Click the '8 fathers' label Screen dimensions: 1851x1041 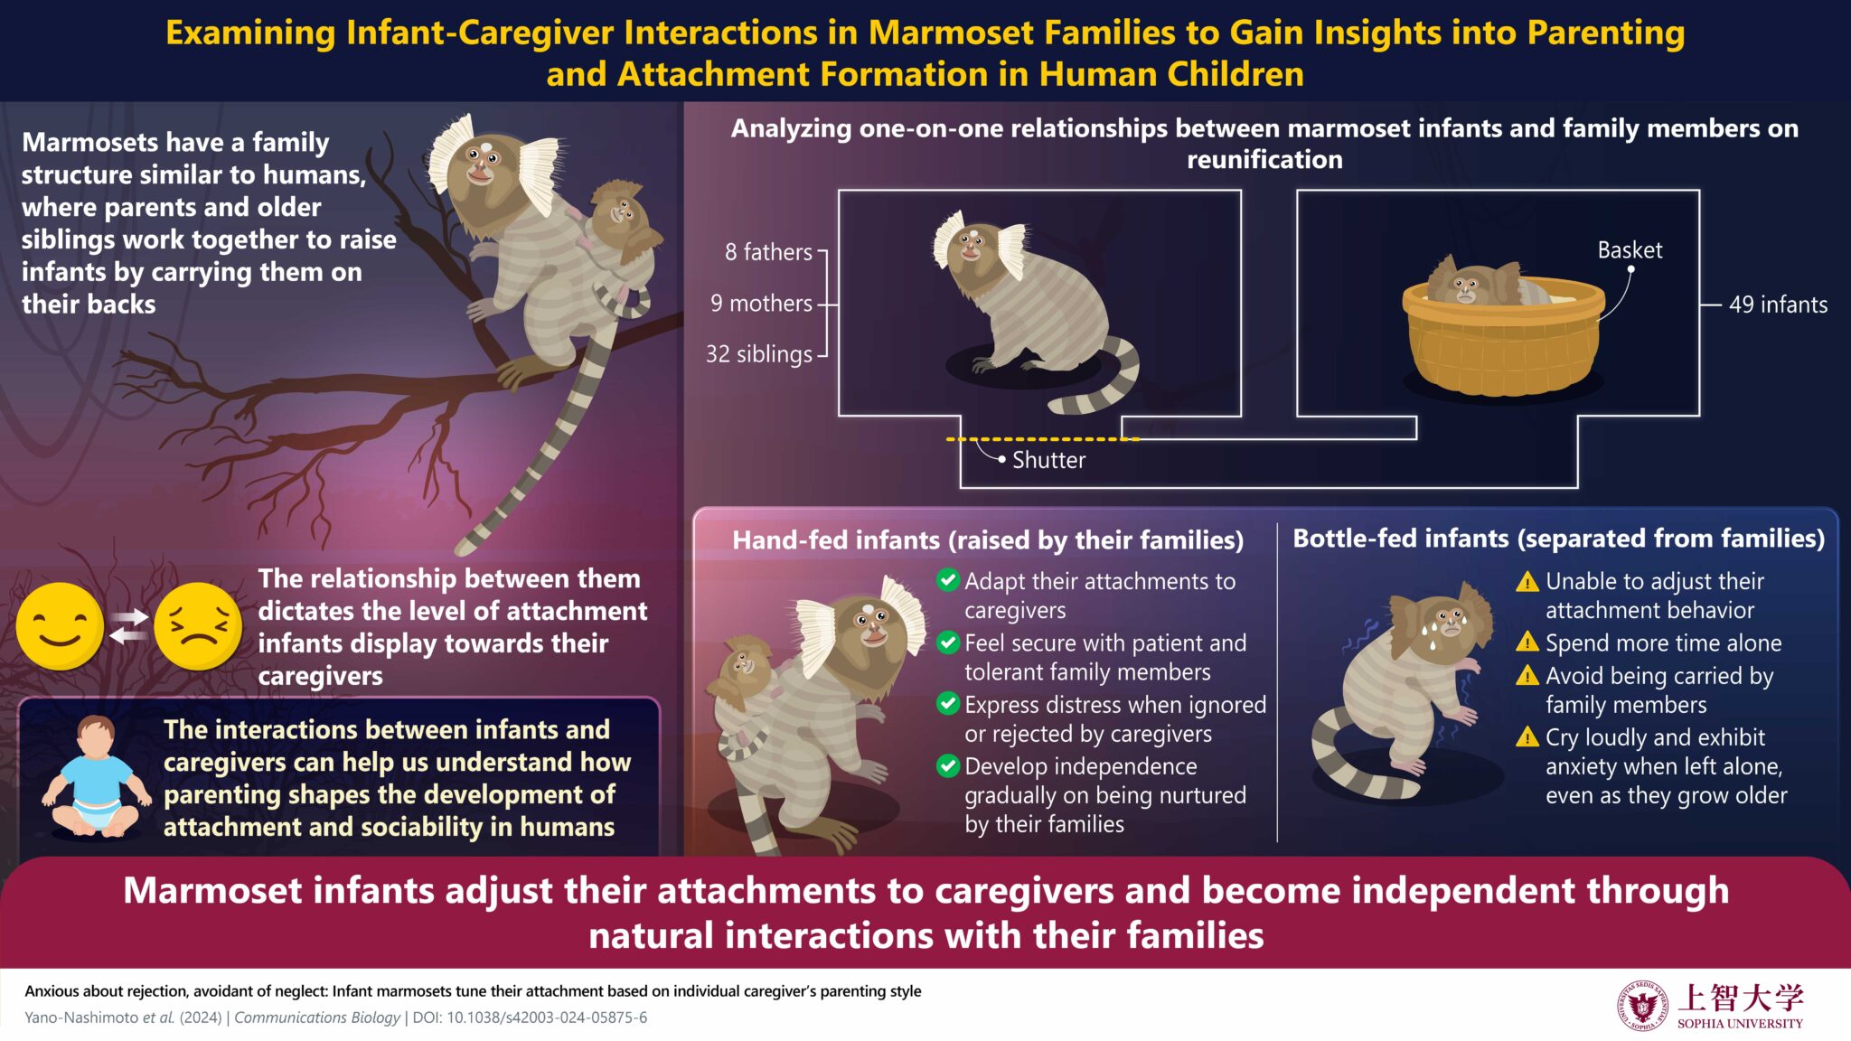[x=768, y=252]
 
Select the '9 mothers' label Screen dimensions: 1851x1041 [x=761, y=304]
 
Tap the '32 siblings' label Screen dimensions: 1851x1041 [x=759, y=354]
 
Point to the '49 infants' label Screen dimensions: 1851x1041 [x=1778, y=305]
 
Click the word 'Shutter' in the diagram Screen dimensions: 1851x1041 [x=1048, y=460]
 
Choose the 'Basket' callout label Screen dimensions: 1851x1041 [x=1630, y=250]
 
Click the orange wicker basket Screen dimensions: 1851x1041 [x=1503, y=339]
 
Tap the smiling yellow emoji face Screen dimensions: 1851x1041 [x=60, y=626]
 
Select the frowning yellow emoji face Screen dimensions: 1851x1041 [x=197, y=626]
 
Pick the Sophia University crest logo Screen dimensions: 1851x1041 [x=1642, y=1006]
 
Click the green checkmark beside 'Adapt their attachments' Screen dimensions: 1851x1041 [x=948, y=580]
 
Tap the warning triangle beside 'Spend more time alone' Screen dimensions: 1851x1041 [x=1527, y=642]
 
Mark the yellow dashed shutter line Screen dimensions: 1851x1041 [x=1042, y=439]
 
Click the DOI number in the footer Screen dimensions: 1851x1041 [x=547, y=1018]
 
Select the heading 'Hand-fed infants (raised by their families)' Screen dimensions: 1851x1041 [x=988, y=540]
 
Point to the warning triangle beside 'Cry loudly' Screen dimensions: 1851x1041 [x=1527, y=736]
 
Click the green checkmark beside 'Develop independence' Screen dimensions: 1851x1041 [x=948, y=766]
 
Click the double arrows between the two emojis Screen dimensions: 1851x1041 [x=128, y=626]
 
